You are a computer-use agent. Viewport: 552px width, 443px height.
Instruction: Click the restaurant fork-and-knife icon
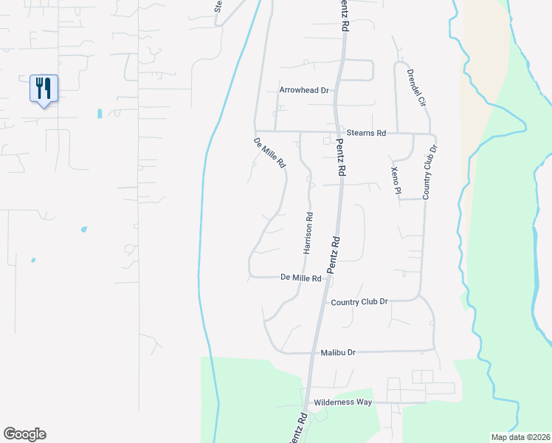tap(44, 89)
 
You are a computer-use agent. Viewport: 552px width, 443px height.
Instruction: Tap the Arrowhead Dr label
tap(303, 90)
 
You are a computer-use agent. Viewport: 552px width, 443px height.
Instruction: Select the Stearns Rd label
tap(366, 134)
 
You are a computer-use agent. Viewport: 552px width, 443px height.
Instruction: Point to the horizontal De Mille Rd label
tap(301, 278)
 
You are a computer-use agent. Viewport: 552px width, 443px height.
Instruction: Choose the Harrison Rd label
tap(309, 233)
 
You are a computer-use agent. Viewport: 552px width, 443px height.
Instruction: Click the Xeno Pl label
tap(396, 181)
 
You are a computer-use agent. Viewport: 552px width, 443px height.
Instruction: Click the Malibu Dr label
tap(339, 353)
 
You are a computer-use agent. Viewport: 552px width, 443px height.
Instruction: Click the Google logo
tap(24, 434)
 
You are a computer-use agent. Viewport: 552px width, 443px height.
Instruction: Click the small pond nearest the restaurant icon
tap(99, 114)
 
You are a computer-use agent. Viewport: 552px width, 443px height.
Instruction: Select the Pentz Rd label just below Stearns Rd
tap(340, 157)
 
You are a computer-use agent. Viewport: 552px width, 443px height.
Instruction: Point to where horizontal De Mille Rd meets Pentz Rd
tap(328, 278)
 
